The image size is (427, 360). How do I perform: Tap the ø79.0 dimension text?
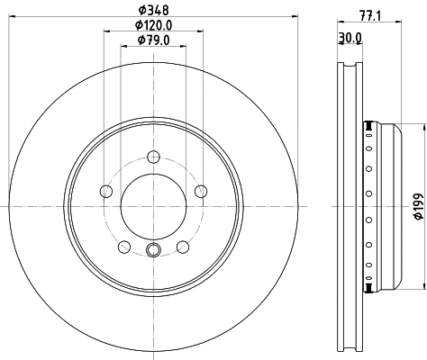[x=154, y=40]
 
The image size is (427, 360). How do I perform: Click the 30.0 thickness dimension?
[x=351, y=37]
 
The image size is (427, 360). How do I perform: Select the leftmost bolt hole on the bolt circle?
[x=106, y=191]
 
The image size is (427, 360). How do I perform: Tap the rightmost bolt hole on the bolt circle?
[x=201, y=190]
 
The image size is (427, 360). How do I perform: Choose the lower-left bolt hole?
[x=123, y=246]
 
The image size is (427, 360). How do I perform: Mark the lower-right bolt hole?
[x=183, y=246]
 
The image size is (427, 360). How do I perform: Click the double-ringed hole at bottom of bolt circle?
[x=153, y=252]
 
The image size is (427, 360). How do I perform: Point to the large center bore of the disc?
[x=153, y=204]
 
